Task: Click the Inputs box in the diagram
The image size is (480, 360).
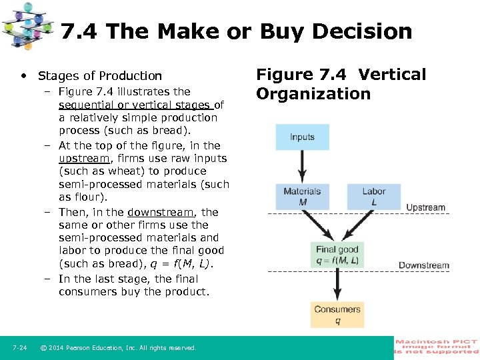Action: [302, 137]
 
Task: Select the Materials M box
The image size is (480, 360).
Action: [302, 196]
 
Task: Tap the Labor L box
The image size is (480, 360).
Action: [373, 196]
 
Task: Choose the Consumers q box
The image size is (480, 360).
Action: [337, 314]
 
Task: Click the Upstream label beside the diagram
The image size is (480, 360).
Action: [425, 207]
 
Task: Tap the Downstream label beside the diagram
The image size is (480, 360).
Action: [423, 265]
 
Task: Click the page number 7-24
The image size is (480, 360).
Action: [19, 348]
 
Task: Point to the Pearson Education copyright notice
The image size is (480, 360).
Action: [118, 348]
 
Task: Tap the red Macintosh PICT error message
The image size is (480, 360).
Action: [437, 347]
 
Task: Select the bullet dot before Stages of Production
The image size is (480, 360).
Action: [24, 76]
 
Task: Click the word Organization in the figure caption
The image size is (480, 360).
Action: [313, 94]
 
